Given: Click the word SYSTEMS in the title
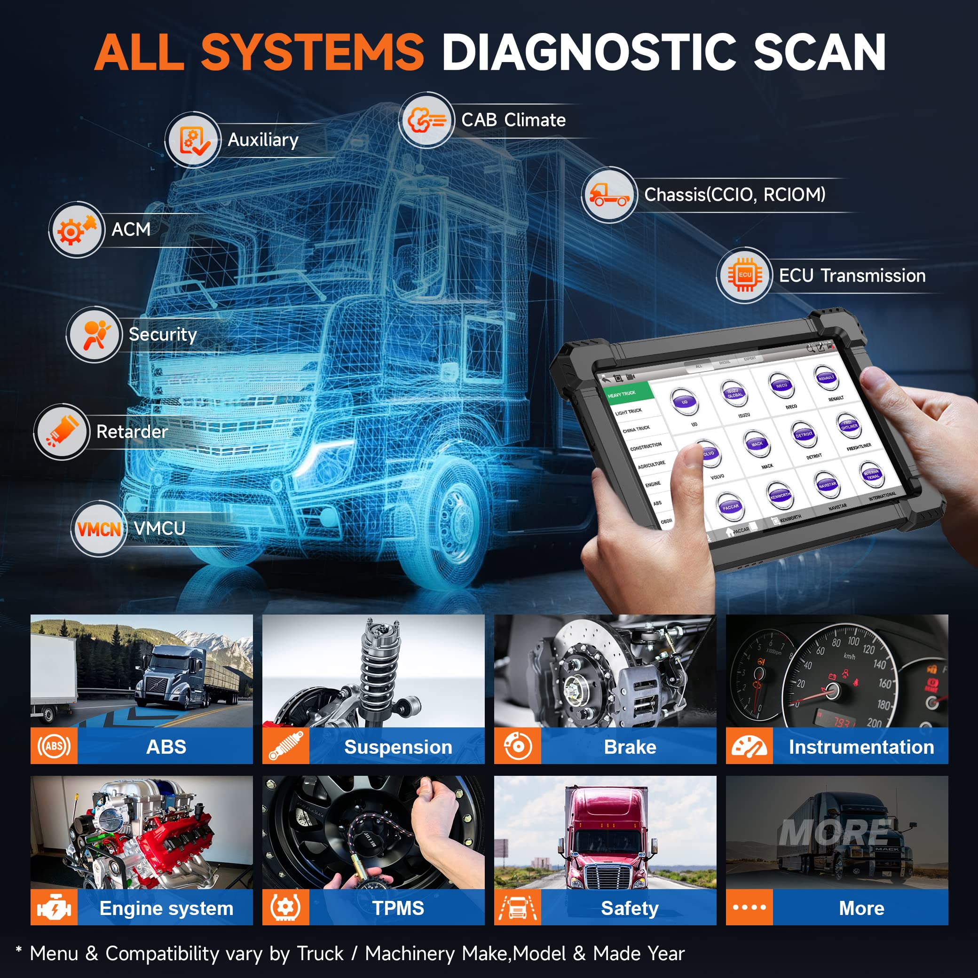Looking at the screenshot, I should (312, 52).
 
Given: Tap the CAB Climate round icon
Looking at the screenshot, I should (426, 120).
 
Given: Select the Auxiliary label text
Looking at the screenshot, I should (263, 140).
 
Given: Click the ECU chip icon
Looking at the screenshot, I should (744, 276).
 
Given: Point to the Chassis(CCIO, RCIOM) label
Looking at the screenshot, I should (734, 194).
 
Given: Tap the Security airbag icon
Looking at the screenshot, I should (94, 334).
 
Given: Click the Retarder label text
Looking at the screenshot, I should (132, 432).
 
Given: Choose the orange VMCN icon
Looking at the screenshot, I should (99, 529).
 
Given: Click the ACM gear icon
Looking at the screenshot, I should (76, 229).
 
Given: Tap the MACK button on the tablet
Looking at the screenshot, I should (757, 444).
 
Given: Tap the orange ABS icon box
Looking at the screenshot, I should (54, 746).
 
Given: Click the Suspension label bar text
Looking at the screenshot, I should (398, 747).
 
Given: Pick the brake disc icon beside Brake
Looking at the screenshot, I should (517, 746).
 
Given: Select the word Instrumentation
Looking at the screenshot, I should (861, 747).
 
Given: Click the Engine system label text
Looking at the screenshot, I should (166, 908).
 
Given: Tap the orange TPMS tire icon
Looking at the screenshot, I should (285, 907).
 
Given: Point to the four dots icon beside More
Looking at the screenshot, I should (749, 907).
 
